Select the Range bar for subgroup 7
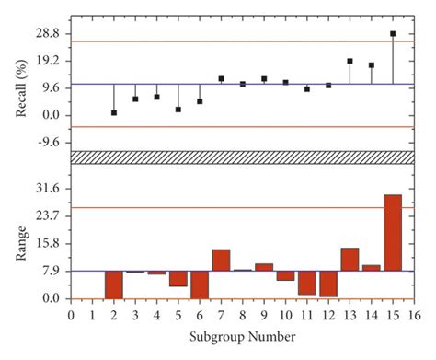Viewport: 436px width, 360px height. tap(221, 260)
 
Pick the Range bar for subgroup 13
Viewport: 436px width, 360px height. tap(350, 259)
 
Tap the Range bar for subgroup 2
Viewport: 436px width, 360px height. tap(114, 285)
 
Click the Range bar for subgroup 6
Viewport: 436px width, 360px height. tap(200, 285)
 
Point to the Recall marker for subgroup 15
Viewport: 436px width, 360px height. tap(393, 33)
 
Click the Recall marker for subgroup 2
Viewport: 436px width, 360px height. tap(114, 112)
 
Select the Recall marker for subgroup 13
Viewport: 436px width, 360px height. tap(350, 61)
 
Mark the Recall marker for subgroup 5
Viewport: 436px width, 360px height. tap(178, 110)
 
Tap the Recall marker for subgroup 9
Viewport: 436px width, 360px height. tap(264, 79)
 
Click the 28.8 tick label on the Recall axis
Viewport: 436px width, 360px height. tap(47, 33)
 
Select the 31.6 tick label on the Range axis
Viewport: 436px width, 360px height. tap(47, 188)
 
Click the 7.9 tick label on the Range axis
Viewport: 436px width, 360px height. tap(50, 271)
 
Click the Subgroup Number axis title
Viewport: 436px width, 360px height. tap(243, 337)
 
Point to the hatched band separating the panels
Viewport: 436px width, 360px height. tap(243, 157)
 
